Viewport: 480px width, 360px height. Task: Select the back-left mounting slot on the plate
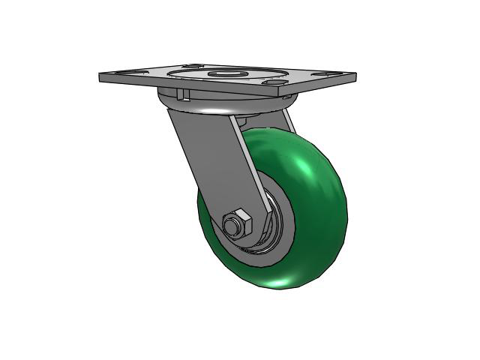click(190, 66)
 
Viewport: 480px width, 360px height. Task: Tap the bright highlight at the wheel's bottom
click(285, 283)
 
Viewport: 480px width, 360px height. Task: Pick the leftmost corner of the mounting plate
click(100, 75)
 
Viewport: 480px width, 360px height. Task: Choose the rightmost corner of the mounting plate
click(355, 75)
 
